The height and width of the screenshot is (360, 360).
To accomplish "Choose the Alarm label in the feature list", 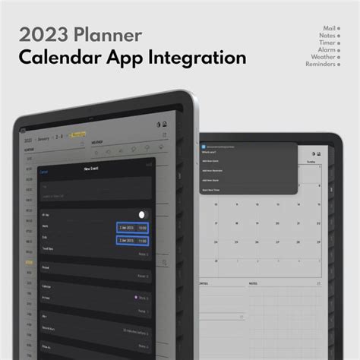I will pyautogui.click(x=327, y=49).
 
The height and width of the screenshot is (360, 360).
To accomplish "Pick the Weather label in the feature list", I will pyautogui.click(x=324, y=57).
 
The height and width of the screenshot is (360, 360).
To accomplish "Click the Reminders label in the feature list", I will pyautogui.click(x=321, y=64).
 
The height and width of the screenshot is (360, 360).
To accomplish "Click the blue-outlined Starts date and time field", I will pyautogui.click(x=132, y=227).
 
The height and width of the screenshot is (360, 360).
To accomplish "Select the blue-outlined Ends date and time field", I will pyautogui.click(x=132, y=240).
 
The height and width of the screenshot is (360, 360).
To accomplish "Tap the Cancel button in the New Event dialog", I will pyautogui.click(x=43, y=172).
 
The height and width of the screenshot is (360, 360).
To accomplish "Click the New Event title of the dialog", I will pyautogui.click(x=90, y=170).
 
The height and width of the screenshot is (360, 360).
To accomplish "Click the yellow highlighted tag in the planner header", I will pyautogui.click(x=78, y=134).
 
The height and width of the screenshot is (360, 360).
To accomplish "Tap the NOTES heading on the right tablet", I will pyautogui.click(x=254, y=283).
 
